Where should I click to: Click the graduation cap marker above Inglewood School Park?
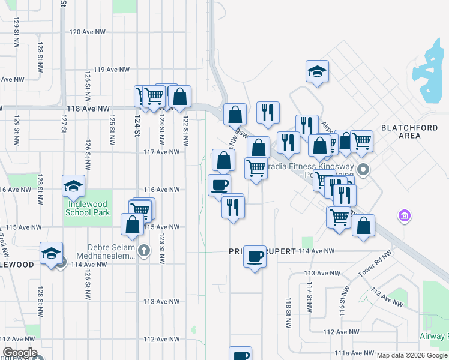tap(73, 186)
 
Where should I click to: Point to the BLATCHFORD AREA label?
tap(401, 131)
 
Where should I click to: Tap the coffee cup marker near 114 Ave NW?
tap(255, 257)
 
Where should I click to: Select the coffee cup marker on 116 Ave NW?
tap(219, 185)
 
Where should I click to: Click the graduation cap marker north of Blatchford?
tap(317, 72)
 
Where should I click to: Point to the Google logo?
tap(19, 353)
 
